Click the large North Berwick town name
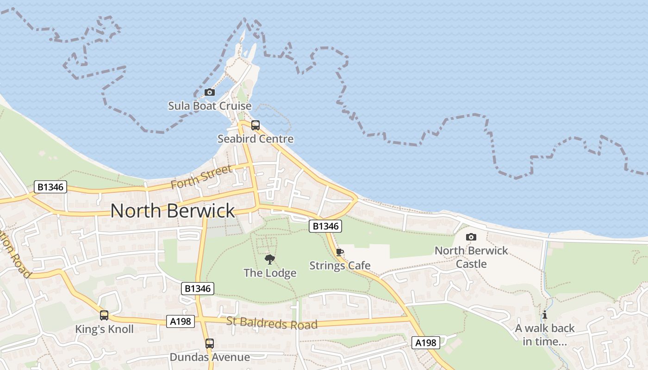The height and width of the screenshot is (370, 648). (173, 211)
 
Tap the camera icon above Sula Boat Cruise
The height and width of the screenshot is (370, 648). (210, 92)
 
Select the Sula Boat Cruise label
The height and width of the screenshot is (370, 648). (210, 106)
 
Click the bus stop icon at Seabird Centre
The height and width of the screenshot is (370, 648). (255, 125)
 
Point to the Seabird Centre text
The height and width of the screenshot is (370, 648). (255, 139)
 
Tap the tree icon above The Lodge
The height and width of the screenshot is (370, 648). (270, 259)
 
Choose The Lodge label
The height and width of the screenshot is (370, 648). (270, 273)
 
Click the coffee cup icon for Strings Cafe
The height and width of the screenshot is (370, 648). (340, 252)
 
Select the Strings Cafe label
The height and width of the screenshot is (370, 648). (340, 265)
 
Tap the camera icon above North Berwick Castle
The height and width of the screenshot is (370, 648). (471, 237)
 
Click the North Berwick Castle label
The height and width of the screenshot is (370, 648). (471, 257)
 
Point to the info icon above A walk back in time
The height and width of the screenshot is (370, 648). (545, 315)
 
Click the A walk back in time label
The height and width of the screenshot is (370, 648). (545, 335)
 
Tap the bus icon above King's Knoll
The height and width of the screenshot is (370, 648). (104, 315)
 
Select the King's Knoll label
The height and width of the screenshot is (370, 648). (104, 329)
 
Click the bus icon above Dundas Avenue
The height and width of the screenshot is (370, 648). (210, 343)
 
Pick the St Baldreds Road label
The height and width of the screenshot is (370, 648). (272, 323)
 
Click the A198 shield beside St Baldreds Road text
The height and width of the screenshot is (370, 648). (181, 321)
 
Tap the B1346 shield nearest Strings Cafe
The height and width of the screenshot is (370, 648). (325, 226)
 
